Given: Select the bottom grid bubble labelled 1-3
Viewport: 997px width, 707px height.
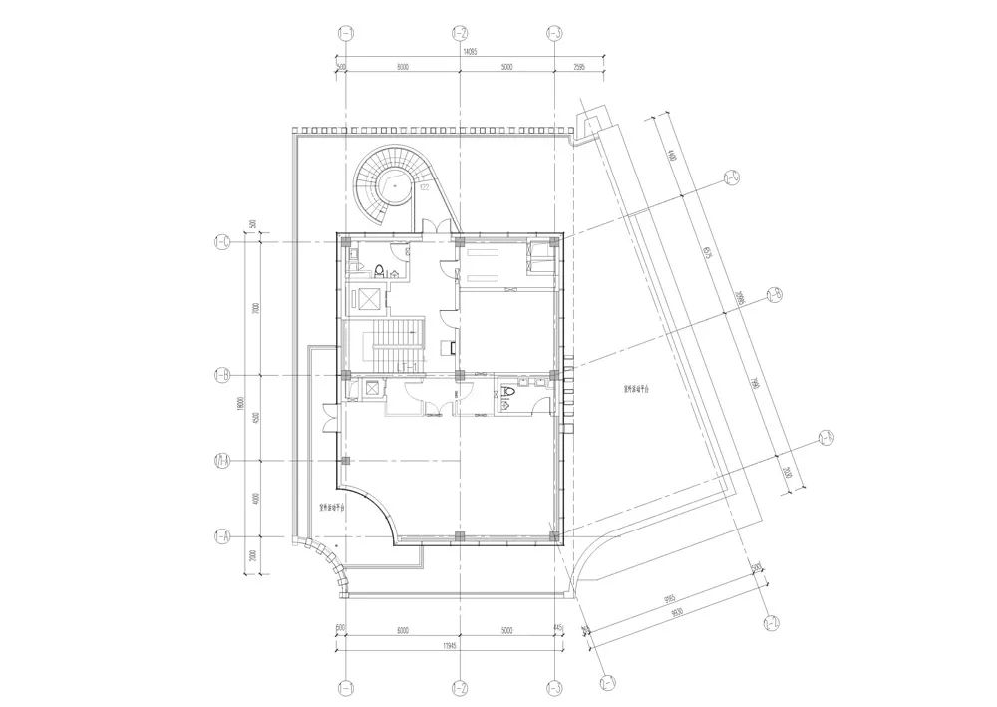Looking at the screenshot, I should click(555, 687).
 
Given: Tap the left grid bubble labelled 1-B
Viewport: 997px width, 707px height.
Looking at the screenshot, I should click(222, 375).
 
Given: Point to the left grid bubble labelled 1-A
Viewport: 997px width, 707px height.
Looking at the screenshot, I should click(222, 536).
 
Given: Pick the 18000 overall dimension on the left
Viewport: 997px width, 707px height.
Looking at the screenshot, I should click(242, 403).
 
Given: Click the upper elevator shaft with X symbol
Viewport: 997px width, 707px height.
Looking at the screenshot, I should click(366, 298).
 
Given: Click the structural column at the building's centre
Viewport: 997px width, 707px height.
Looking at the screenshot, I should click(458, 375).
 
